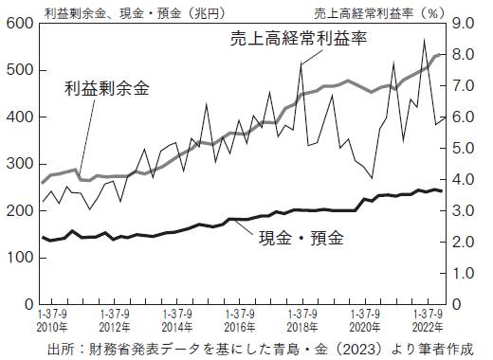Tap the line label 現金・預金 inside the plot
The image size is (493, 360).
(x=301, y=237)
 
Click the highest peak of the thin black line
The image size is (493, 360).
(x=424, y=39)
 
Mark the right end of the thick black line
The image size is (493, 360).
(x=442, y=190)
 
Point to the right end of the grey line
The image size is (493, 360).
(x=443, y=55)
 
